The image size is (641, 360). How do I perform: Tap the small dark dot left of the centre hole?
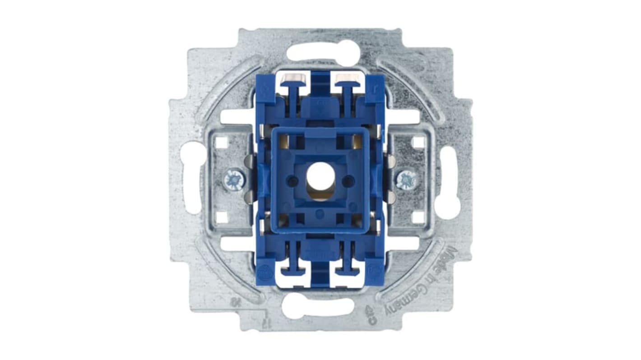(293, 182)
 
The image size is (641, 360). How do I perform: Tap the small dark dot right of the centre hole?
(347, 182)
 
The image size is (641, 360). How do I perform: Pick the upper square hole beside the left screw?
(221, 143)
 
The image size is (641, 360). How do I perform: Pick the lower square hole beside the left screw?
(221, 217)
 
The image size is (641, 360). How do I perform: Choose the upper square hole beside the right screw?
(418, 143)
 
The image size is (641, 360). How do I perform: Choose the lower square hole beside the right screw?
(418, 217)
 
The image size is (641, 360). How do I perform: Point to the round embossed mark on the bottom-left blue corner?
(266, 273)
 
